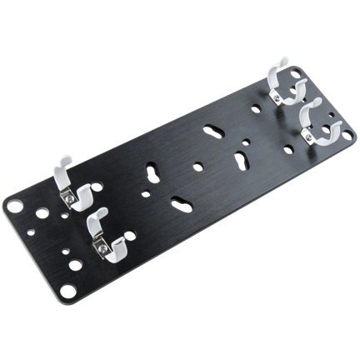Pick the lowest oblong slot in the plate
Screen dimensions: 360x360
point(180,200)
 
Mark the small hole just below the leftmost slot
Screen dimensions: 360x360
point(150,194)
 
